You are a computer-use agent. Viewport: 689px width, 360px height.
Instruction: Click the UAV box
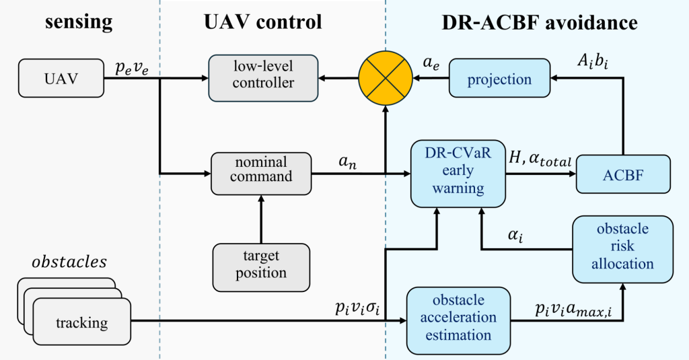coord(61,78)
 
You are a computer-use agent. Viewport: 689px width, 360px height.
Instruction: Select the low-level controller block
coord(262,78)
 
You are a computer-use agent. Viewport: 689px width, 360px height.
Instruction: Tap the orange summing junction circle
coord(384,78)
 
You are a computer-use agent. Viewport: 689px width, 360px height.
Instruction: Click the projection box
coord(499,79)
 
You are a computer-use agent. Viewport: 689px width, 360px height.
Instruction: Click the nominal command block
coord(262,170)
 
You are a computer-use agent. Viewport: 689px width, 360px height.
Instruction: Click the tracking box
coord(81,322)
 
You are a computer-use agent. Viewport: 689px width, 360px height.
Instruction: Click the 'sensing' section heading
coord(79,22)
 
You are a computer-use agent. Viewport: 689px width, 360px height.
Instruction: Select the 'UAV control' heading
coord(263,22)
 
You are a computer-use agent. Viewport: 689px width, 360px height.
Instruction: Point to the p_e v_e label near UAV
coord(133,65)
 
